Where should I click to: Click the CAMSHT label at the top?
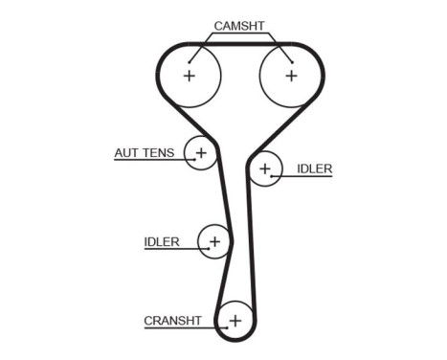click(x=240, y=26)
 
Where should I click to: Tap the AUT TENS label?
click(x=145, y=152)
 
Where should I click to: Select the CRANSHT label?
click(x=172, y=321)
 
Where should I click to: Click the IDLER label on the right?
click(x=314, y=169)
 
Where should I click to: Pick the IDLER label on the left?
click(x=161, y=241)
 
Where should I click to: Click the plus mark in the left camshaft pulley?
click(x=190, y=75)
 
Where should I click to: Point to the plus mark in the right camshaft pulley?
click(x=291, y=75)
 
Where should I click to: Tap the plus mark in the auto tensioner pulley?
click(x=201, y=152)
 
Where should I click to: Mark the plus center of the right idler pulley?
click(x=265, y=169)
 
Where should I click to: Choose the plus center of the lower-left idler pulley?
click(x=214, y=241)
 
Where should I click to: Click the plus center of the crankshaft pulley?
click(x=235, y=319)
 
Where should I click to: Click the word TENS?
click(x=161, y=152)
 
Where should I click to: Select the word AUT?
click(x=126, y=152)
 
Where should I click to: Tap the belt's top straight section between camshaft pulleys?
click(x=240, y=43)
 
